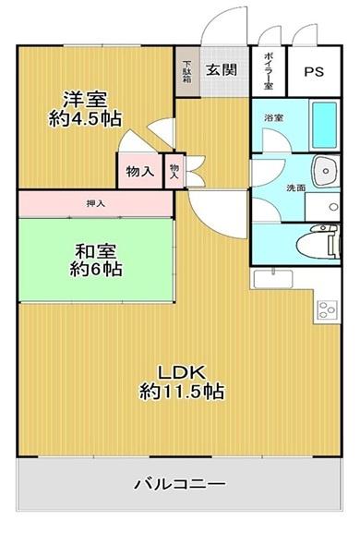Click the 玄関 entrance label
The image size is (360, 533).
222,70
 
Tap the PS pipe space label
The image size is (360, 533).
314,72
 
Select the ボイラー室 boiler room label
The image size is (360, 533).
269,71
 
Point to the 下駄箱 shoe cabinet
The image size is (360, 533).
187,72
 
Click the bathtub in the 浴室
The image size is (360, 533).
324,125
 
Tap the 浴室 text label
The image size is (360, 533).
274,118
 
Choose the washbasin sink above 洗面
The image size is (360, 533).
326,171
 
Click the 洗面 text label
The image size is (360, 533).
295,188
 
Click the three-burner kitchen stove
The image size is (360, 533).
327,309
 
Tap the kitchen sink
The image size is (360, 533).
272,279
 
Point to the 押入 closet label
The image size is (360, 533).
96,203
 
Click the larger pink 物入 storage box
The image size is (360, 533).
139,171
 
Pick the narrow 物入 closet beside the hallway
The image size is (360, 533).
174,171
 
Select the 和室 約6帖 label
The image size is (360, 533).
96,260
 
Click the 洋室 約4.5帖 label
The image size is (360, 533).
85,109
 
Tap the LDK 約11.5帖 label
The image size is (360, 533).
182,382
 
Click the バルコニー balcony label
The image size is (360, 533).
179,483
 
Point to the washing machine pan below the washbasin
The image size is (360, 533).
322,207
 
